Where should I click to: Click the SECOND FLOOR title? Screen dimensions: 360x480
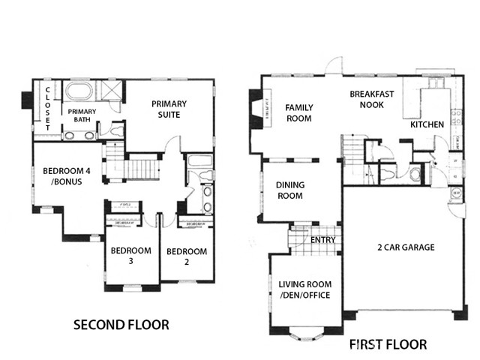[x=120, y=325]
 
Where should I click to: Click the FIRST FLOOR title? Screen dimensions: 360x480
[x=388, y=345]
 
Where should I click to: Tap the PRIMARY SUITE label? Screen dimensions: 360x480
[x=169, y=109]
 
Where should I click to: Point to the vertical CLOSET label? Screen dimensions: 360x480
[x=47, y=109]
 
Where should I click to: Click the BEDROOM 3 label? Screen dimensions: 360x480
[x=130, y=256]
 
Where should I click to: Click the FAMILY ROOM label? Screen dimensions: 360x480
[x=298, y=112]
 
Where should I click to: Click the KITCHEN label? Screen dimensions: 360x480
[x=427, y=124]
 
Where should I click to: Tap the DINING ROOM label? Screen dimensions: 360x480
[x=289, y=190]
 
